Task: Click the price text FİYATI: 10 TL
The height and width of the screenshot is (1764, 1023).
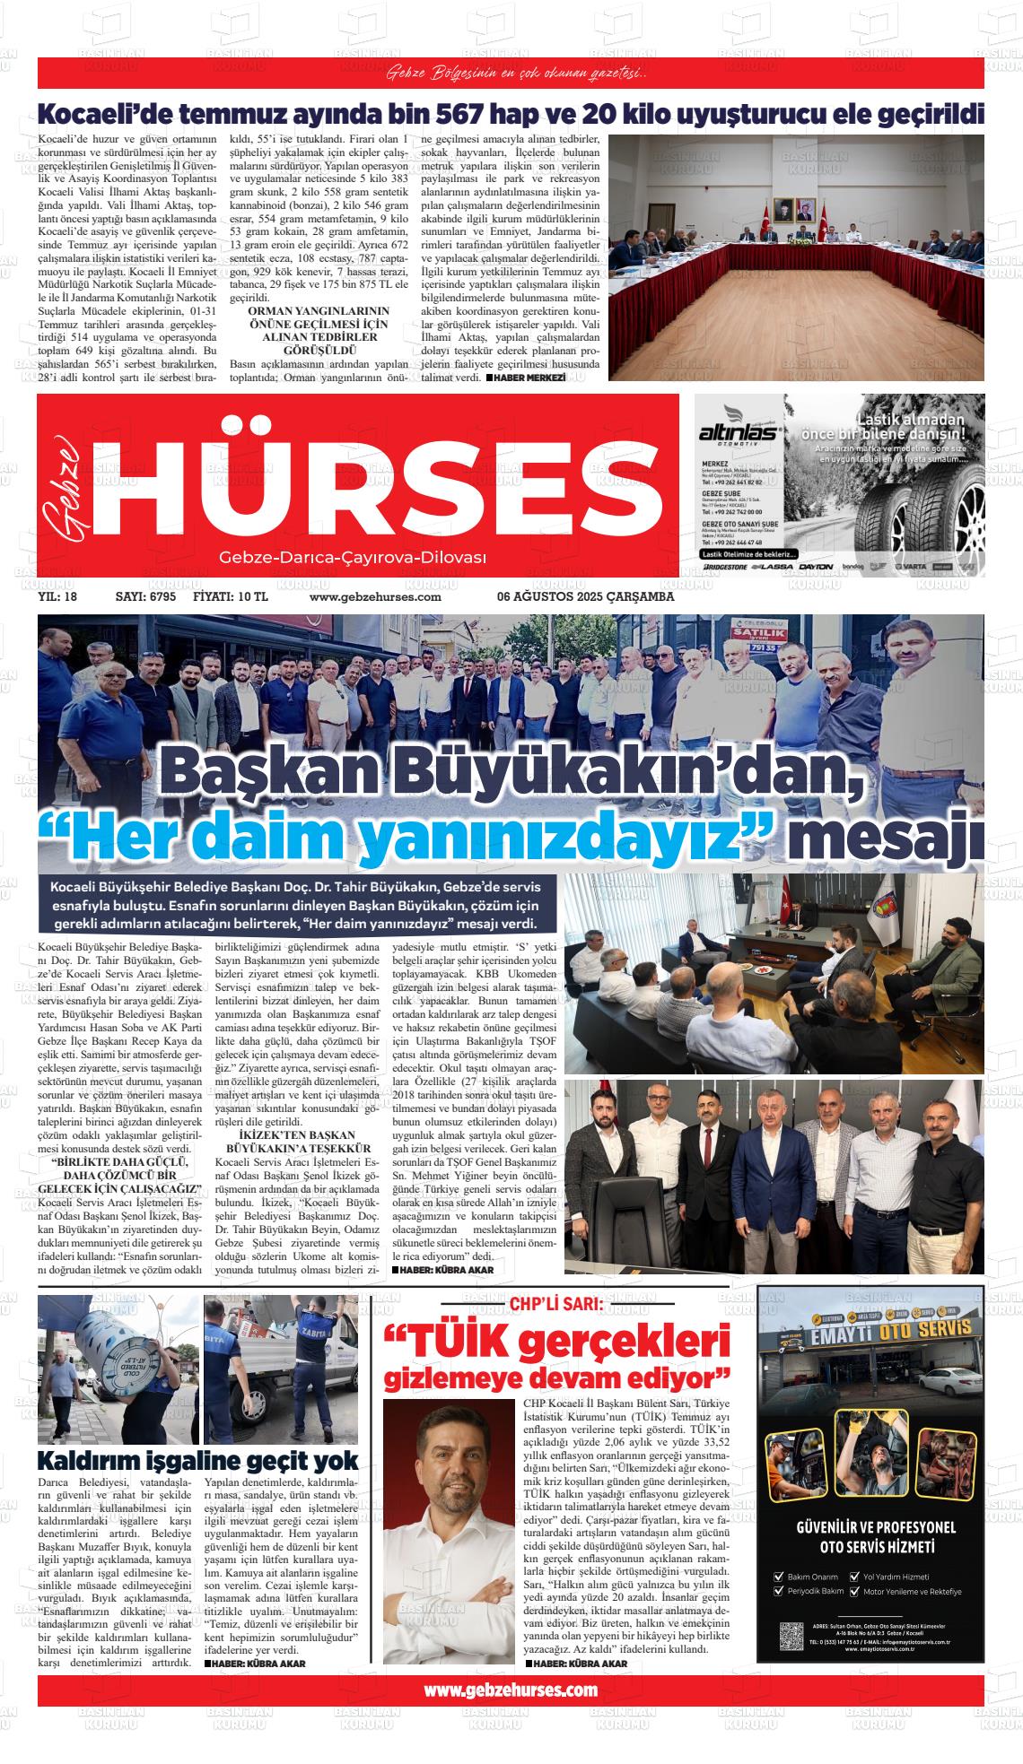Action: click(231, 597)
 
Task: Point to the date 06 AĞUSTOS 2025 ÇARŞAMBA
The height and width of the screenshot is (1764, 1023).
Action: click(585, 597)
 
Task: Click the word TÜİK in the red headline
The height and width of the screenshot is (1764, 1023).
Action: click(458, 1343)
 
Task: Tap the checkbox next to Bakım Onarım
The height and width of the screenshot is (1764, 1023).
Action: click(778, 1576)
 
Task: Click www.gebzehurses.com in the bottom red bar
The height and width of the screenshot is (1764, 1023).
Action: click(510, 1690)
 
